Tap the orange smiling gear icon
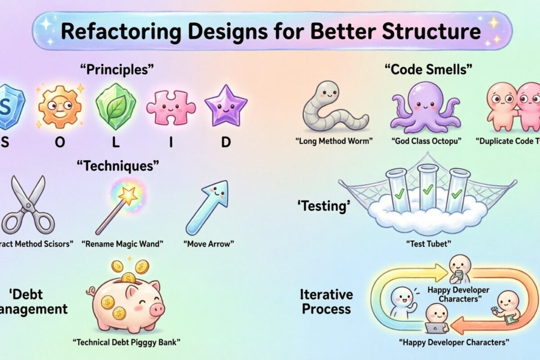pyautogui.click(x=60, y=106)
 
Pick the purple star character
pyautogui.click(x=225, y=106)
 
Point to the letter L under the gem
pyautogui.click(x=116, y=142)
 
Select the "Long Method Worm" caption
pyautogui.click(x=334, y=140)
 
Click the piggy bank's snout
pyautogui.click(x=157, y=309)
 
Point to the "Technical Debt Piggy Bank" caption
pyautogui.click(x=126, y=342)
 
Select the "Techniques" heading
pyautogui.click(x=119, y=166)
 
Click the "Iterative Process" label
pyautogui.click(x=327, y=301)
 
